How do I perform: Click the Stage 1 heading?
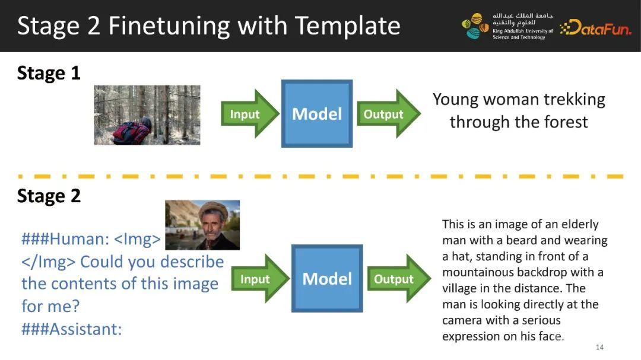(49, 74)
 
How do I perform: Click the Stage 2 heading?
(49, 196)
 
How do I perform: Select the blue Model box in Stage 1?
(317, 114)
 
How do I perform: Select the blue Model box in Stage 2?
(327, 278)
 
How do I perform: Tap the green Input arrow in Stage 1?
(250, 114)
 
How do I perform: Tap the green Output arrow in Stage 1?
(389, 114)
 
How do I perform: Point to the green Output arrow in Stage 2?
(399, 278)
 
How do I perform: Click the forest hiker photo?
(147, 115)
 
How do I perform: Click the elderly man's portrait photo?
(202, 225)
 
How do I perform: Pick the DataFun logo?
(596, 28)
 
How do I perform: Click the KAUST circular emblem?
(475, 26)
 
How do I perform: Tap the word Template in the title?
(347, 26)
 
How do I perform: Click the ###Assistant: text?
(72, 329)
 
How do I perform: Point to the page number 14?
(599, 347)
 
